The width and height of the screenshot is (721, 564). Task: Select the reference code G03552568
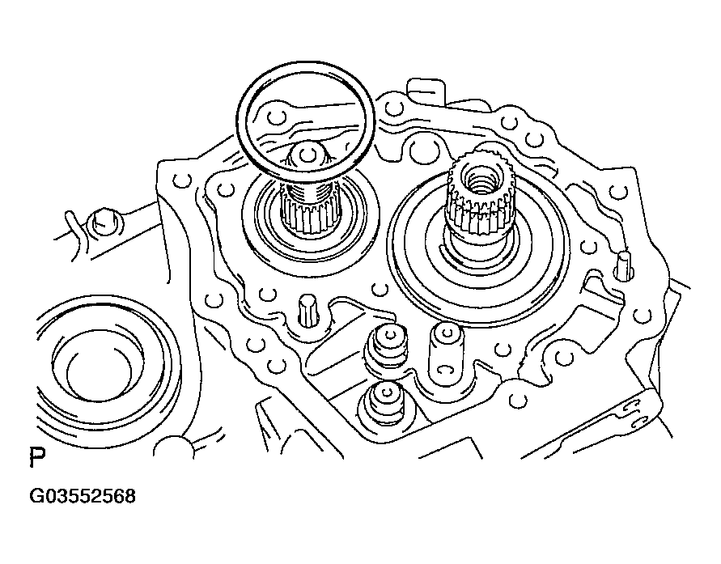pyautogui.click(x=83, y=496)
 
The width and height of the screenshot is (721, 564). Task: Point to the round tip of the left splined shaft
pyautogui.click(x=306, y=154)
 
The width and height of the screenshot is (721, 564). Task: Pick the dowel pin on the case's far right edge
pyautogui.click(x=625, y=265)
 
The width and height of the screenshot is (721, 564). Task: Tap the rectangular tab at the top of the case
pyautogui.click(x=426, y=93)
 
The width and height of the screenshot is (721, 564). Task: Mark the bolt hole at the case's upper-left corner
pyautogui.click(x=181, y=180)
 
